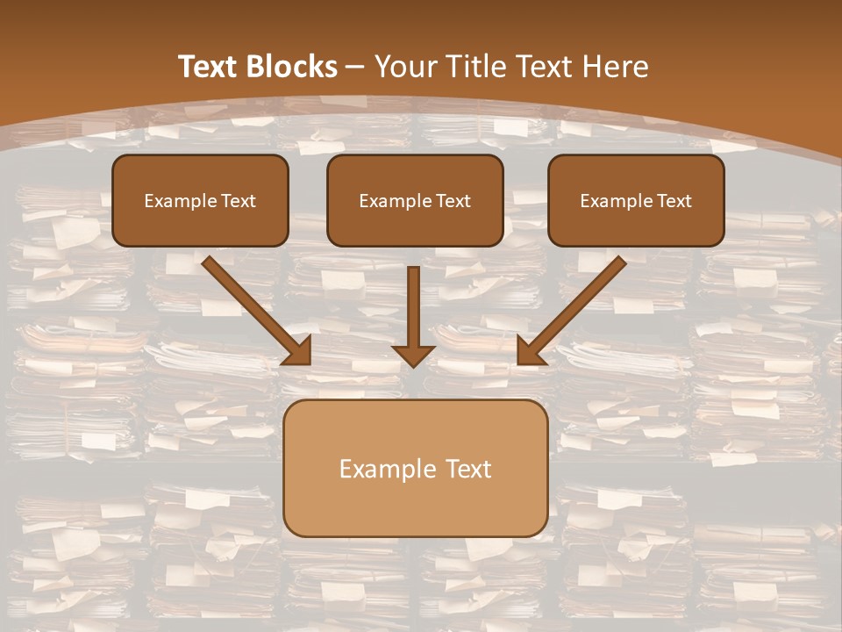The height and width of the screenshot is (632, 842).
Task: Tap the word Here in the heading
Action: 613,67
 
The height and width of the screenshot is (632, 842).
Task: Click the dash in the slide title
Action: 355,68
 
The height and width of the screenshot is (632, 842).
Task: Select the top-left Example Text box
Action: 200,200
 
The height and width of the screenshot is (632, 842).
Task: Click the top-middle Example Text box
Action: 415,200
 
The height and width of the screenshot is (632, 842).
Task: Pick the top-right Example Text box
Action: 636,200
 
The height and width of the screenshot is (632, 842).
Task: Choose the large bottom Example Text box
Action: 415,468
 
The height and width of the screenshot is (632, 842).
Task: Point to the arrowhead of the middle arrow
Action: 413,355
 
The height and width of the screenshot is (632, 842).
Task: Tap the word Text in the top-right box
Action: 674,201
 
